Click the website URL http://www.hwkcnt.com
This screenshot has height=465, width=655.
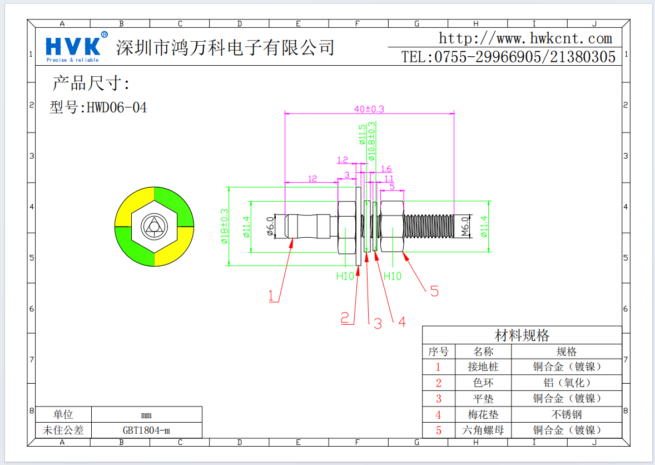click(525, 38)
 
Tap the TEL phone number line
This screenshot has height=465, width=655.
click(508, 57)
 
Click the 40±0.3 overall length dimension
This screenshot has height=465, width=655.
click(369, 109)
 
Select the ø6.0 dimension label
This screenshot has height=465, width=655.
click(271, 226)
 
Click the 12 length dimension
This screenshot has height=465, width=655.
click(312, 178)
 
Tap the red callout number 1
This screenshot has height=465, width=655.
click(272, 296)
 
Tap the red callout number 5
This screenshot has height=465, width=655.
click(434, 291)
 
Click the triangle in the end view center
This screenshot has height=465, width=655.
click(153, 226)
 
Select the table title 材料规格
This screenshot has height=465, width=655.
click(522, 335)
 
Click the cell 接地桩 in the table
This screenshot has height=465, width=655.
click(483, 367)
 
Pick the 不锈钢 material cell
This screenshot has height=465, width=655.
click(566, 414)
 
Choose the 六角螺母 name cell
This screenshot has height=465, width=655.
click(483, 430)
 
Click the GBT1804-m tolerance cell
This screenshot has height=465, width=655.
click(146, 430)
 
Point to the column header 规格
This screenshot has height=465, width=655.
click(566, 351)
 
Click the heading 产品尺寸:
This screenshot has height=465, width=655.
click(91, 84)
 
